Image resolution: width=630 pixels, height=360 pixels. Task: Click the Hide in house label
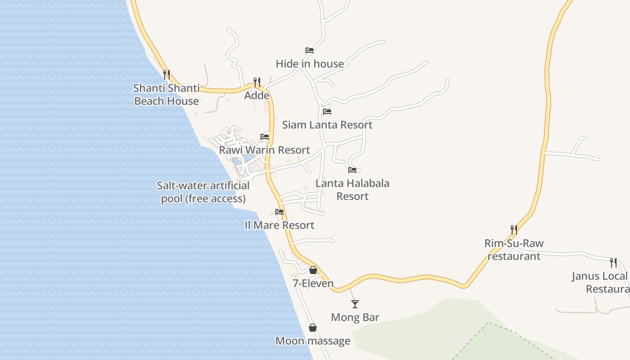pyautogui.click(x=310, y=64)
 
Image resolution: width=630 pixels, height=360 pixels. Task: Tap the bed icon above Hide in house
pyautogui.click(x=310, y=50)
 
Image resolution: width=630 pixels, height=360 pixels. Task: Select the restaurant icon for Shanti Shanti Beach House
pyautogui.click(x=166, y=74)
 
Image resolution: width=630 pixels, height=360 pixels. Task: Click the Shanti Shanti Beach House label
pyautogui.click(x=166, y=94)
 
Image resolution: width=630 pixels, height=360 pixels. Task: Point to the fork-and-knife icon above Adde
pyautogui.click(x=257, y=82)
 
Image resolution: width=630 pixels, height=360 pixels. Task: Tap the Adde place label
pyautogui.click(x=257, y=95)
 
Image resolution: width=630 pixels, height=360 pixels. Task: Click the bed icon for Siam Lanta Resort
pyautogui.click(x=327, y=112)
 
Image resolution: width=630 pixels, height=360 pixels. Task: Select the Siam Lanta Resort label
pyautogui.click(x=327, y=125)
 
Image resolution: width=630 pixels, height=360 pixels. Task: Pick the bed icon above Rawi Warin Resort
pyautogui.click(x=265, y=137)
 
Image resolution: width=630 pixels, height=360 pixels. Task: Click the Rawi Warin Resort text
pyautogui.click(x=265, y=150)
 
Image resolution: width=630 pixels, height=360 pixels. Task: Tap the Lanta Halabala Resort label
pyautogui.click(x=352, y=189)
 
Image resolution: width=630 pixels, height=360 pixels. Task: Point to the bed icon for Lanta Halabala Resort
pyautogui.click(x=352, y=170)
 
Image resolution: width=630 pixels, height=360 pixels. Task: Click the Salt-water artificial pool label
pyautogui.click(x=203, y=192)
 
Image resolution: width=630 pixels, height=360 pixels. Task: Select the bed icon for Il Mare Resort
pyautogui.click(x=279, y=212)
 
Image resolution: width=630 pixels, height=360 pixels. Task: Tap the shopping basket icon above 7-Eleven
pyautogui.click(x=313, y=270)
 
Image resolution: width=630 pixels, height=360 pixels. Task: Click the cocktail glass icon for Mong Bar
pyautogui.click(x=355, y=304)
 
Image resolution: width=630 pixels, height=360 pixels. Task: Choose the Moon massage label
pyautogui.click(x=313, y=341)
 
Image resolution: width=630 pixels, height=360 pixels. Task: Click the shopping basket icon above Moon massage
pyautogui.click(x=313, y=328)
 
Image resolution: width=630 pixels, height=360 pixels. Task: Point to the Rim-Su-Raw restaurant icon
pyautogui.click(x=514, y=230)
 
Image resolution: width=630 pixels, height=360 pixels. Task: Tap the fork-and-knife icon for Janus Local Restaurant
pyautogui.click(x=613, y=263)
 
